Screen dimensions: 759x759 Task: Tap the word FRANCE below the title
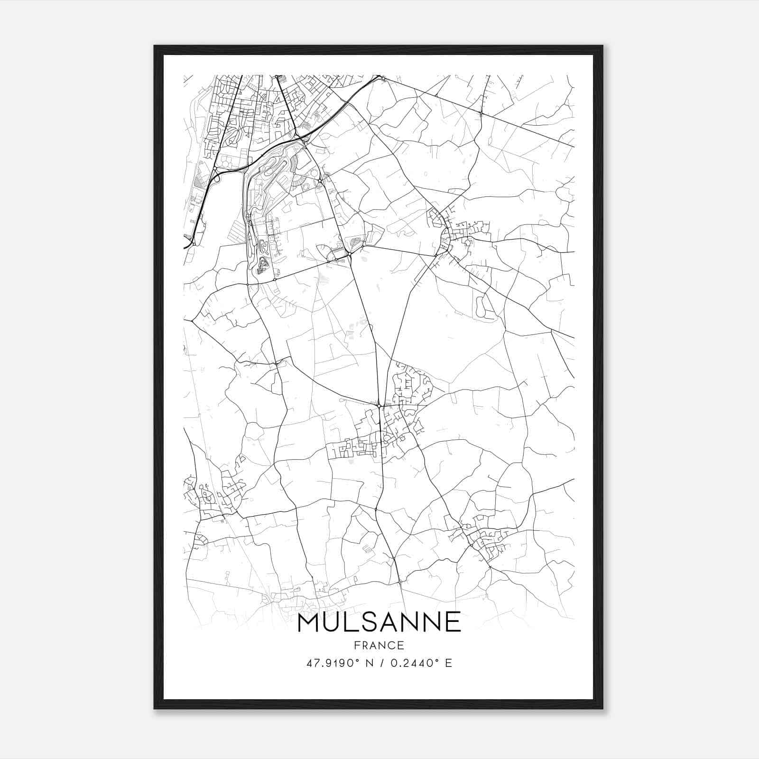(379, 645)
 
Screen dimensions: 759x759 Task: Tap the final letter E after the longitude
(448, 663)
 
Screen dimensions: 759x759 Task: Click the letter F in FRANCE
(357, 645)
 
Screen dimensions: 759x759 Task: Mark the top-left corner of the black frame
(155, 46)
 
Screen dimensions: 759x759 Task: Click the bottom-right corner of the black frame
(602, 708)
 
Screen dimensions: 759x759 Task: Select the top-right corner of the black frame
(602, 46)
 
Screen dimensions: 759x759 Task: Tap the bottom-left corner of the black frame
(155, 708)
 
